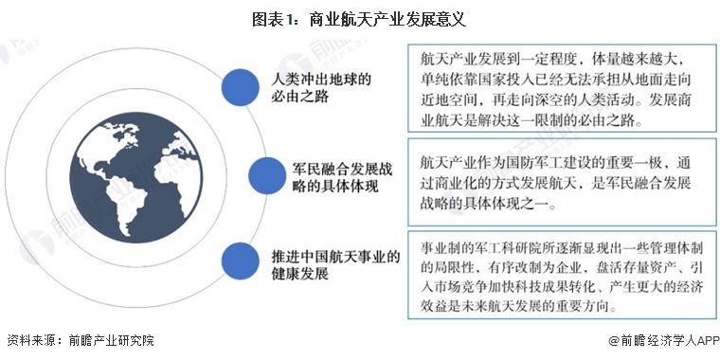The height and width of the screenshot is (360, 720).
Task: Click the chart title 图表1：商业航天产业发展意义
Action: click(360, 17)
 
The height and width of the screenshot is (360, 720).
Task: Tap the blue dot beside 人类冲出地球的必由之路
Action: click(236, 86)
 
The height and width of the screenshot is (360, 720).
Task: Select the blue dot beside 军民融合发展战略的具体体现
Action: click(264, 175)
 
